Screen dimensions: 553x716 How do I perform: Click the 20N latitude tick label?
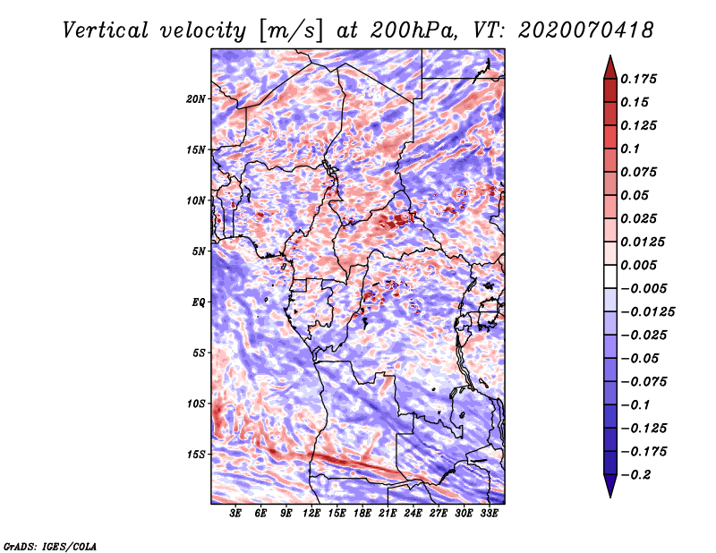tap(196, 98)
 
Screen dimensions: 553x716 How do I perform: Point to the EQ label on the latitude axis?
tap(199, 302)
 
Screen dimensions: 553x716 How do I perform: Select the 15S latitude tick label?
tap(196, 455)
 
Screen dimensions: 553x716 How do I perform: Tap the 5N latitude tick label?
tap(199, 251)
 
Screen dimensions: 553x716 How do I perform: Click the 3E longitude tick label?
tap(236, 514)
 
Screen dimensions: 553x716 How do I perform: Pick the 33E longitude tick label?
tap(489, 514)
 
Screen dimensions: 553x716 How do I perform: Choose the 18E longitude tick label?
tap(362, 514)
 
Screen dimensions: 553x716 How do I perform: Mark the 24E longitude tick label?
tap(413, 514)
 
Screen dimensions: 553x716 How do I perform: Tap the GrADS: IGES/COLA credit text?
tap(50, 545)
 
